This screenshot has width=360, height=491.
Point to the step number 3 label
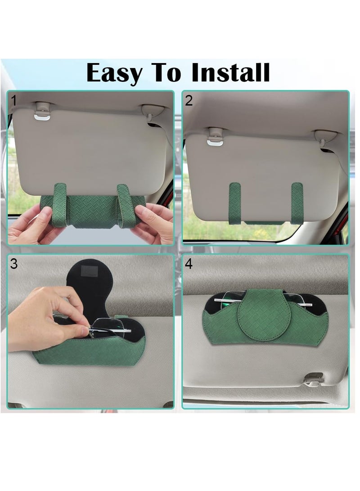(14, 264)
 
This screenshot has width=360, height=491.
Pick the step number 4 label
(189, 264)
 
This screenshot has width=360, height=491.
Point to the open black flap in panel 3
(92, 288)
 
